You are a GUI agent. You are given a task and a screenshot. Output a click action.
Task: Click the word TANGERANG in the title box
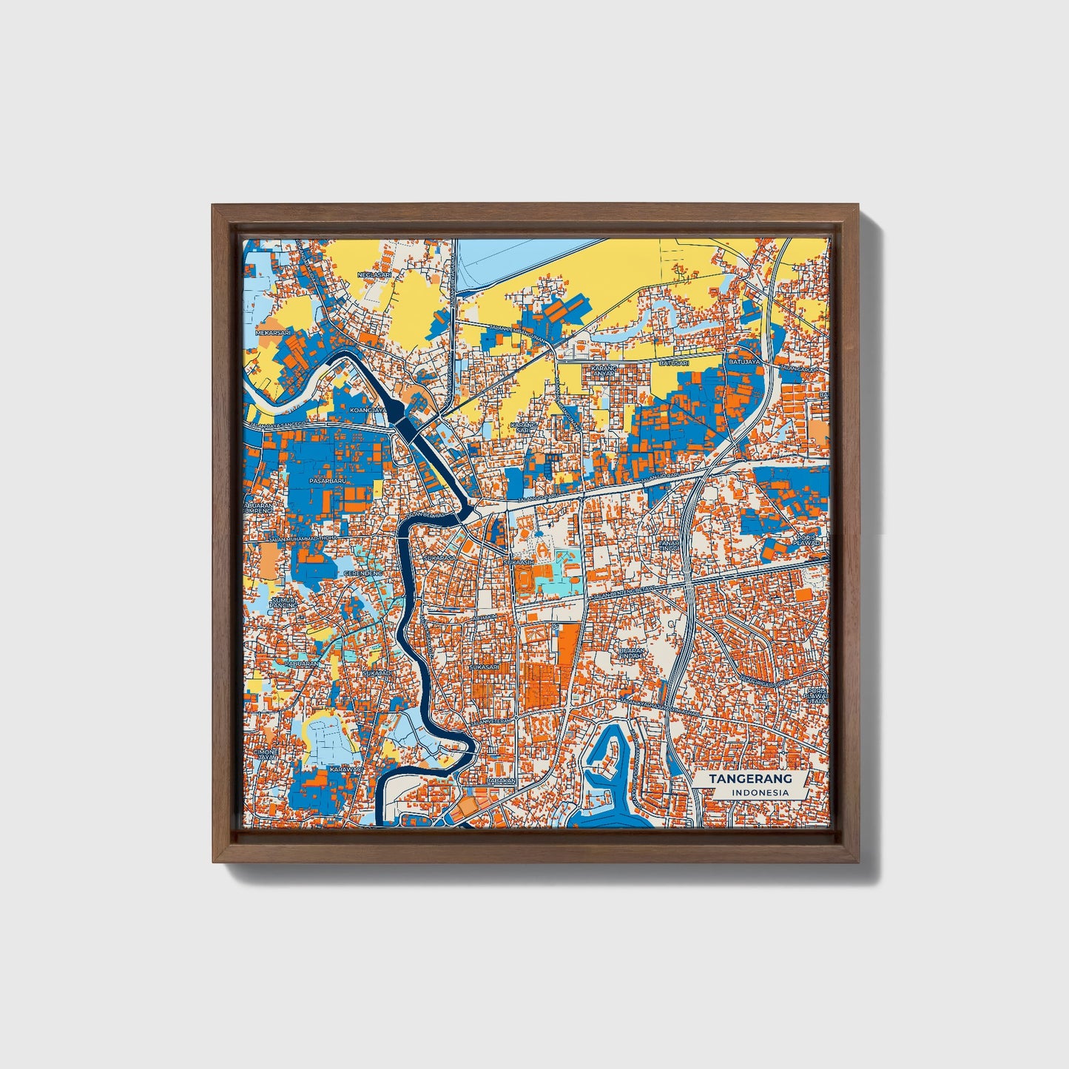pyautogui.click(x=750, y=778)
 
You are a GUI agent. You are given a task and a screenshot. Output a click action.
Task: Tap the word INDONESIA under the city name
pyautogui.click(x=760, y=793)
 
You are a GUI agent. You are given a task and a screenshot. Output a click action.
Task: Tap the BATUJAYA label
pyautogui.click(x=744, y=362)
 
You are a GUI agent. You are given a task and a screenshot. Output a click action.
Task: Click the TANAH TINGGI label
pyautogui.click(x=669, y=545)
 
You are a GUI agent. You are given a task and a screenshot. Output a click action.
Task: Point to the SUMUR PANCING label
pyautogui.click(x=283, y=602)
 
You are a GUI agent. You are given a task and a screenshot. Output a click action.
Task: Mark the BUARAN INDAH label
pyautogui.click(x=633, y=653)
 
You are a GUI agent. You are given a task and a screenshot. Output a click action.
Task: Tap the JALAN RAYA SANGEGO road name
pyautogui.click(x=277, y=427)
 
